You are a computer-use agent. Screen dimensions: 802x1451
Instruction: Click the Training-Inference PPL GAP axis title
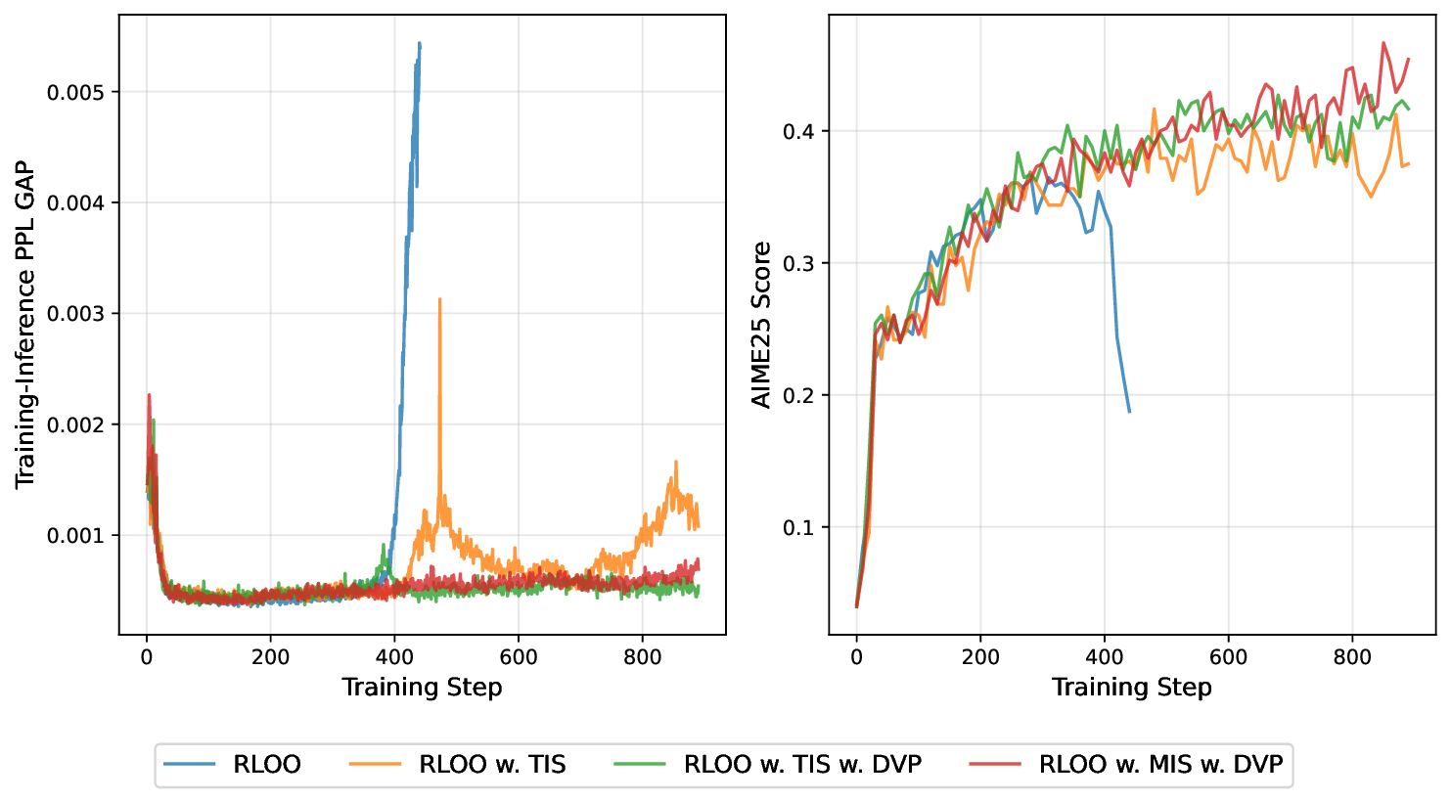(x=25, y=326)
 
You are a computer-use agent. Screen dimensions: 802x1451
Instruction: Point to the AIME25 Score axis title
(x=761, y=326)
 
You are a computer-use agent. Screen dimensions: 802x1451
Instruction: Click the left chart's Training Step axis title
(x=422, y=688)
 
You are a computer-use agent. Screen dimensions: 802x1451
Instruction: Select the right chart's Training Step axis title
(x=1131, y=688)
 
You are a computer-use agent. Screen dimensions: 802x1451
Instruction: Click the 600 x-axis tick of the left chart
(x=519, y=657)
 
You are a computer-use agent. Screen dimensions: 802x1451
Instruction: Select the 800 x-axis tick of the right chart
(x=1352, y=657)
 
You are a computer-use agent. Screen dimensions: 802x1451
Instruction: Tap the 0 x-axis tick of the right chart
(x=856, y=657)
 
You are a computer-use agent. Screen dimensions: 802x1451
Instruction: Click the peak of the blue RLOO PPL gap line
(x=419, y=43)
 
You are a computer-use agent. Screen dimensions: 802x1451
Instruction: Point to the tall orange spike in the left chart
(x=439, y=299)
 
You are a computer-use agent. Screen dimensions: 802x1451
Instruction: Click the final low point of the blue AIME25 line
(x=1129, y=412)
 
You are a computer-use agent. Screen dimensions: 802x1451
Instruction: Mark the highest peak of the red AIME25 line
(x=1383, y=42)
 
